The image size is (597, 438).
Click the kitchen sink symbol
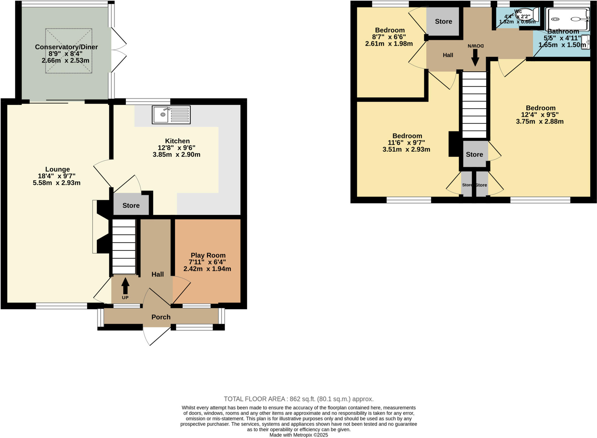tap(171, 115)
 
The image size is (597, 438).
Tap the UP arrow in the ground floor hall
tap(125, 286)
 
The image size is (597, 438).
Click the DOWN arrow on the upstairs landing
tap(475, 57)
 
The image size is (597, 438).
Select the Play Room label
tap(208, 255)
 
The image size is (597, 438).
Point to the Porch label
tap(161, 317)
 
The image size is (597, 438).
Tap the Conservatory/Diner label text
tap(66, 47)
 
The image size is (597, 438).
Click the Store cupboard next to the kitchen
tap(131, 205)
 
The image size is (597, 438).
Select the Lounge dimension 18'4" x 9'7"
tap(57, 176)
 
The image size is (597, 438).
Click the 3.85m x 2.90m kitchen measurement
tap(176, 154)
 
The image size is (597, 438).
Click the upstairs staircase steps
tap(475, 105)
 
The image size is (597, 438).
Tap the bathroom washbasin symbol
tap(586, 42)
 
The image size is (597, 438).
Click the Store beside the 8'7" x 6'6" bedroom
tap(443, 21)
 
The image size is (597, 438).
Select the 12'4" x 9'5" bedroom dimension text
tap(540, 115)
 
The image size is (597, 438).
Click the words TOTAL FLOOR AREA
tap(254, 399)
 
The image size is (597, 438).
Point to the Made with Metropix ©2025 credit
tap(298, 435)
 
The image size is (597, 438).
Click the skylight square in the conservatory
tap(69, 51)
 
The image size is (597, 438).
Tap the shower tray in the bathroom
tap(567, 19)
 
